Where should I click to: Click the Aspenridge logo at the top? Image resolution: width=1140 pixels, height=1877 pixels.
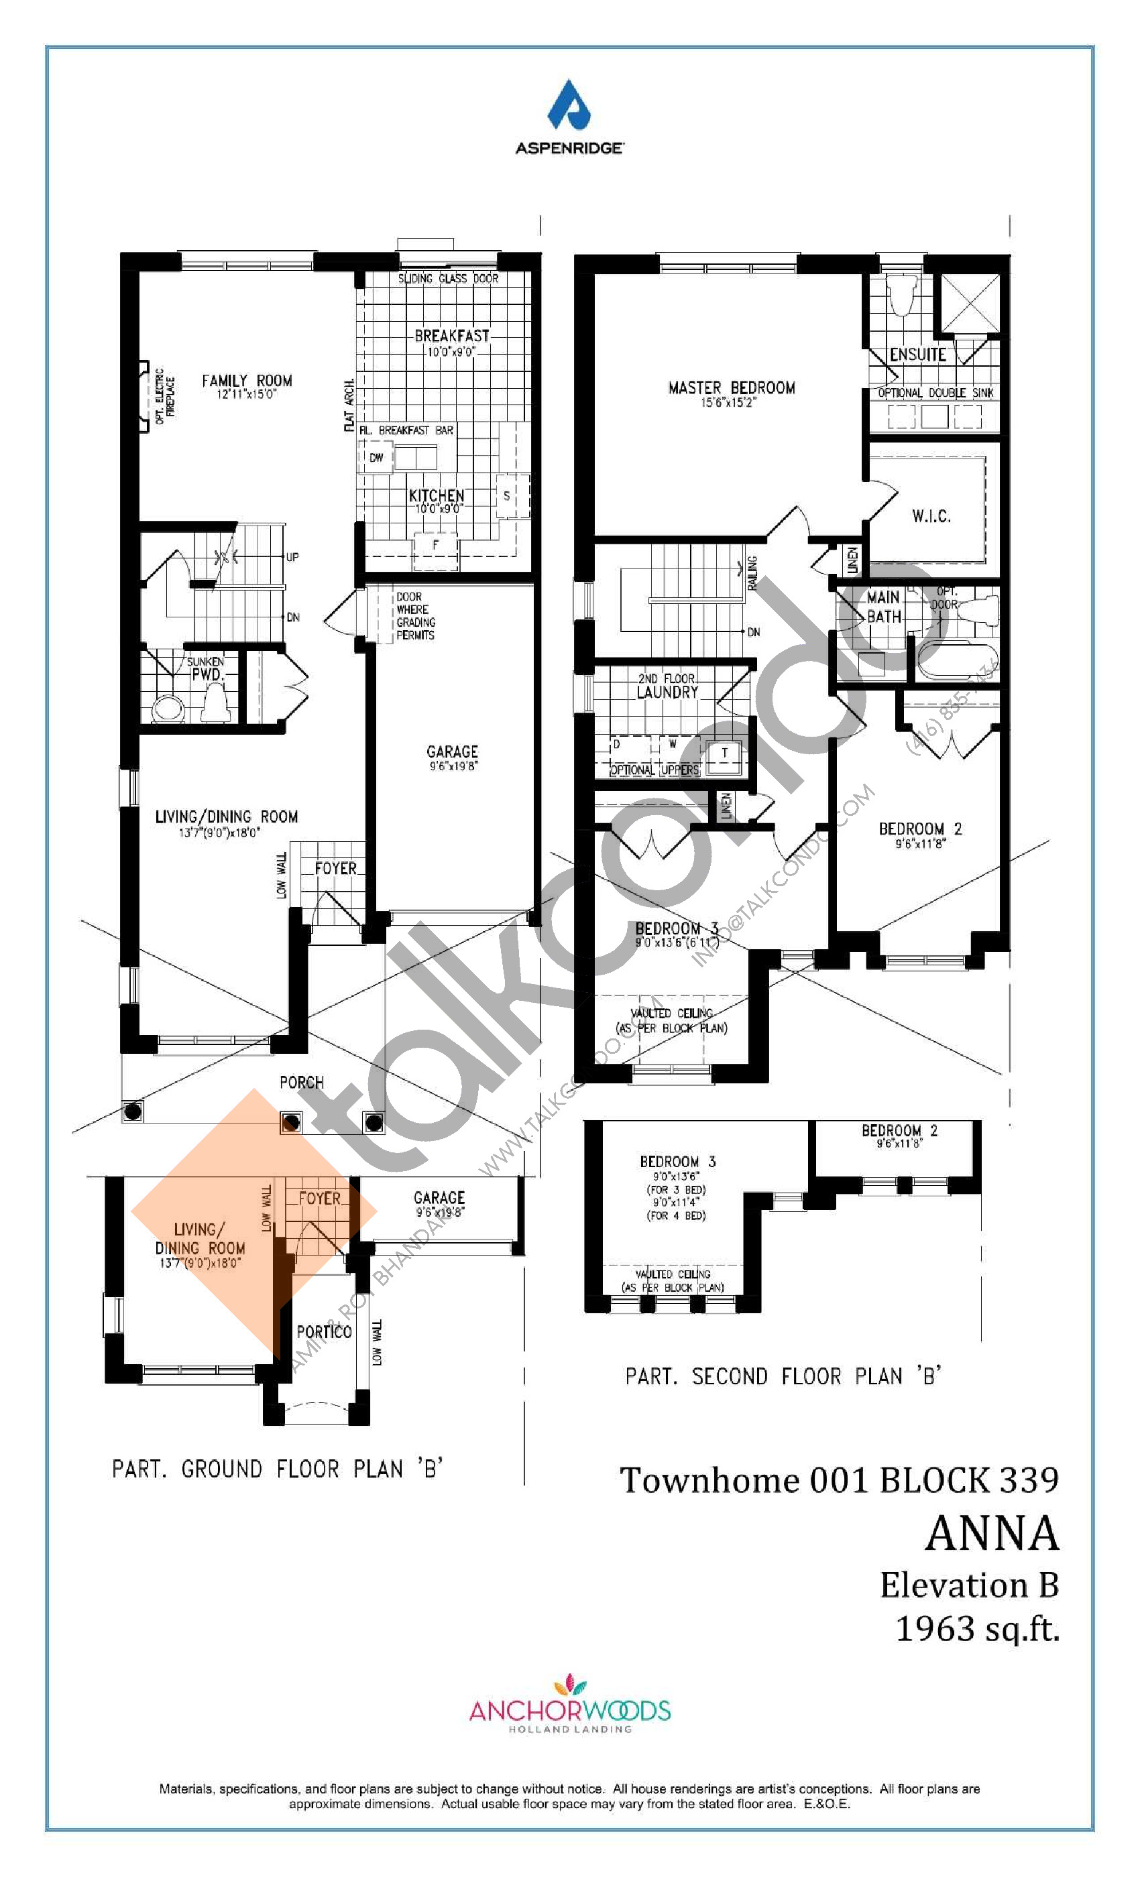tap(569, 116)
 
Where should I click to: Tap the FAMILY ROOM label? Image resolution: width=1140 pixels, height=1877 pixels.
tap(246, 381)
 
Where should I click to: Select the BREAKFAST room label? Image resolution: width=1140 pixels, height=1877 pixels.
tap(451, 336)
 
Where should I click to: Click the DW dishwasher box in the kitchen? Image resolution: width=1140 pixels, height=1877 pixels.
tap(376, 458)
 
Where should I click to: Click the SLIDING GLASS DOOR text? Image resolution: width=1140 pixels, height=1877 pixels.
tap(448, 279)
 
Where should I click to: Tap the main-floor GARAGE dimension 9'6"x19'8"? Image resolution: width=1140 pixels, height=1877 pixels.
tap(453, 766)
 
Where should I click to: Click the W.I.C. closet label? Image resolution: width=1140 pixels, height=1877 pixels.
tap(931, 516)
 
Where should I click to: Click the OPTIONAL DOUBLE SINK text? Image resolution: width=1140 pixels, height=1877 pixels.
tap(935, 393)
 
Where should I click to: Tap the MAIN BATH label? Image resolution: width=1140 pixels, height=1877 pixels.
tap(883, 607)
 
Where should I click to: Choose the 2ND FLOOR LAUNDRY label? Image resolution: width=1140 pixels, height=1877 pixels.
tap(667, 686)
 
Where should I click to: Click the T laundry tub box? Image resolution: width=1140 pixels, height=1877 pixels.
tap(724, 753)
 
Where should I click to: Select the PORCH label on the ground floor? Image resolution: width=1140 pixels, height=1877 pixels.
tap(301, 1083)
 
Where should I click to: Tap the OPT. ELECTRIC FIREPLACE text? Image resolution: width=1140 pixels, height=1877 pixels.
tap(164, 397)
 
